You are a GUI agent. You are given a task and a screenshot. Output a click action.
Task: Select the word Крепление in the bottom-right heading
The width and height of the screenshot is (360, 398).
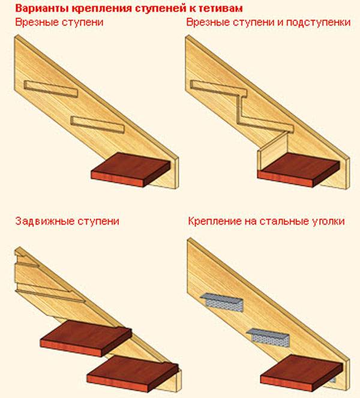click(215, 221)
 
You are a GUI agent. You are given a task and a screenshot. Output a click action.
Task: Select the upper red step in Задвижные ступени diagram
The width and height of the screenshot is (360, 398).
click(85, 340)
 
